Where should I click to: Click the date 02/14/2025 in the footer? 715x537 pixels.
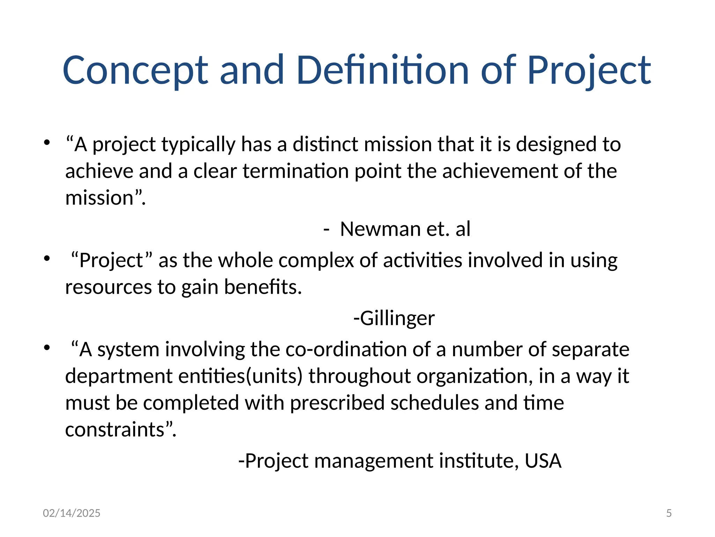[x=72, y=513]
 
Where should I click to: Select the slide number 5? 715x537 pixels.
[x=669, y=513]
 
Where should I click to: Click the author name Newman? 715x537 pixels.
[x=380, y=229]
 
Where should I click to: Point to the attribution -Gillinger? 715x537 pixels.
[x=394, y=318]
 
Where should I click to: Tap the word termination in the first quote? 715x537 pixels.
[x=296, y=171]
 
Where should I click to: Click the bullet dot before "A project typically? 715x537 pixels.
[x=47, y=143]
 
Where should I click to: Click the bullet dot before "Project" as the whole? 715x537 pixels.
[x=47, y=259]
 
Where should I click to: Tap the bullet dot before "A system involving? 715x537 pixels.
[x=47, y=348]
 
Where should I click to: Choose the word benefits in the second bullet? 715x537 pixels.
[x=263, y=287]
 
